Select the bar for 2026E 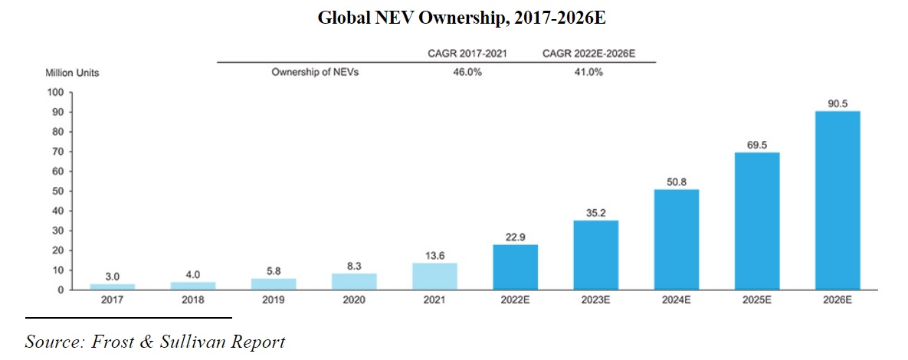tap(837, 201)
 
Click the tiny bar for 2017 tap(112, 287)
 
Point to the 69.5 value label tap(756, 144)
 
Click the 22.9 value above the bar tap(515, 236)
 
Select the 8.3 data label tap(354, 265)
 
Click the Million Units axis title tap(73, 74)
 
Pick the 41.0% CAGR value tap(587, 73)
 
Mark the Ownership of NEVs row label tap(315, 73)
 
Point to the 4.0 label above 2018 tap(192, 273)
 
